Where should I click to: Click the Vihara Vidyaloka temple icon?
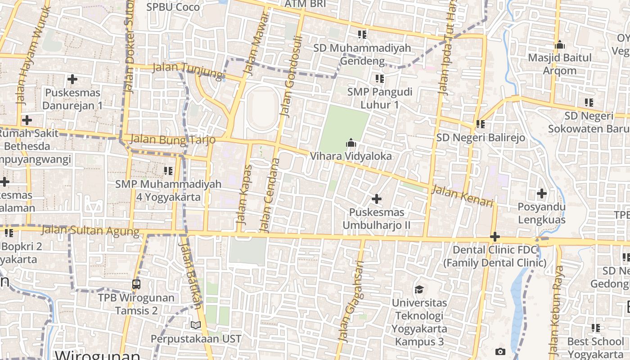(x=351, y=144)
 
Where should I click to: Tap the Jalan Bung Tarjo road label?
(x=172, y=140)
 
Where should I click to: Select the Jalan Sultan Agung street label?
(x=90, y=231)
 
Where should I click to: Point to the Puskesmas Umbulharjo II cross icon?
(x=377, y=198)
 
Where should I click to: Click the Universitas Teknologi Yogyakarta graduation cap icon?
(x=419, y=289)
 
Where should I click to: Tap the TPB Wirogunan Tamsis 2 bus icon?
(x=136, y=284)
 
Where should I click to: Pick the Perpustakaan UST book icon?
(x=196, y=325)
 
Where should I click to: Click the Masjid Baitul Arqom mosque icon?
(x=560, y=45)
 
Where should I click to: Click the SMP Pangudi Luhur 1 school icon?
(x=380, y=79)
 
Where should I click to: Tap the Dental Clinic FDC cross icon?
(x=495, y=236)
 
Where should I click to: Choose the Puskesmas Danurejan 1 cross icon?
(x=72, y=80)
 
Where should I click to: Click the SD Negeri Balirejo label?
(x=480, y=137)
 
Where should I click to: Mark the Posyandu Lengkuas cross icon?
(x=542, y=194)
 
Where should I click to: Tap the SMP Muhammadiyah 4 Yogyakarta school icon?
(x=168, y=171)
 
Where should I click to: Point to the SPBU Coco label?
(x=173, y=7)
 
